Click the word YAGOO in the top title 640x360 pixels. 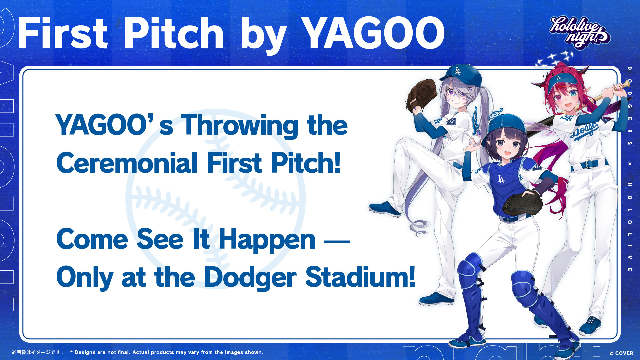tap(374, 33)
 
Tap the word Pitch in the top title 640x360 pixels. tap(174, 33)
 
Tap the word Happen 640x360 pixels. tap(267, 240)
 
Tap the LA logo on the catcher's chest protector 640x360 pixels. tap(501, 179)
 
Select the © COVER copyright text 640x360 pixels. tap(621, 353)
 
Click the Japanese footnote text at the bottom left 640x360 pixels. tap(38, 352)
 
